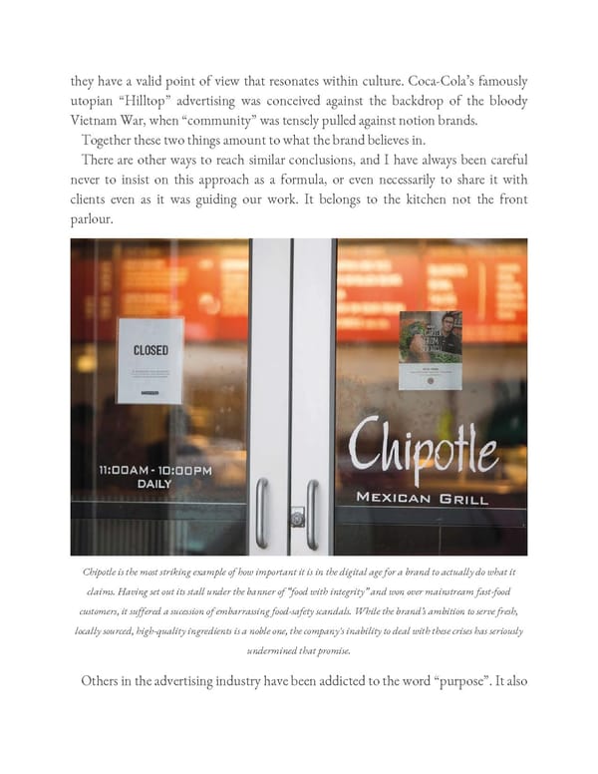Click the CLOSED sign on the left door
[x=150, y=360]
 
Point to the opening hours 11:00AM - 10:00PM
[x=154, y=470]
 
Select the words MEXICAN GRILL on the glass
[x=422, y=497]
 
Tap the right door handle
[x=313, y=513]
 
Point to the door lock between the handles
[x=296, y=518]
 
